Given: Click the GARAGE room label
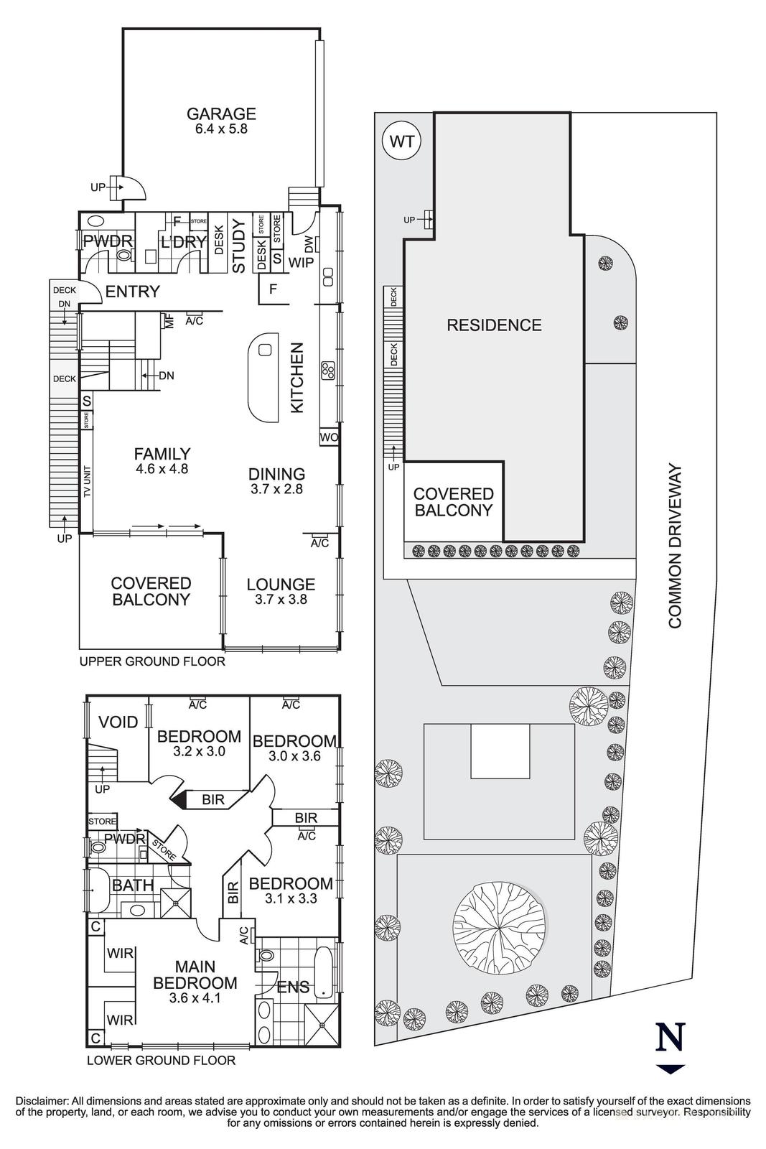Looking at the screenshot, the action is point(221,113).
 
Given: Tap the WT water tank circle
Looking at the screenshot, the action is point(401,141).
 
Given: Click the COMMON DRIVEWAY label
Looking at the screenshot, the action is point(676,546).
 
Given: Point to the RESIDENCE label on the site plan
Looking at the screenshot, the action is point(494,325).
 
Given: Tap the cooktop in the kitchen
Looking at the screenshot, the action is point(328,370).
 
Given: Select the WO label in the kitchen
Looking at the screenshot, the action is point(330,437).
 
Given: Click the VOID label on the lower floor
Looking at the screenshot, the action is point(118,722).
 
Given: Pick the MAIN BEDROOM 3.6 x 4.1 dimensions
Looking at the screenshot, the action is point(195,997).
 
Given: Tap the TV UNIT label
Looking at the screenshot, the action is point(87,481).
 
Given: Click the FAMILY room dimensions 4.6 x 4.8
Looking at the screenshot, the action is point(162,468).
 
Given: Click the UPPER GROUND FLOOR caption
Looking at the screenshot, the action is point(152,661).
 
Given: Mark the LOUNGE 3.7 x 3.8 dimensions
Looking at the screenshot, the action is point(281,599).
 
